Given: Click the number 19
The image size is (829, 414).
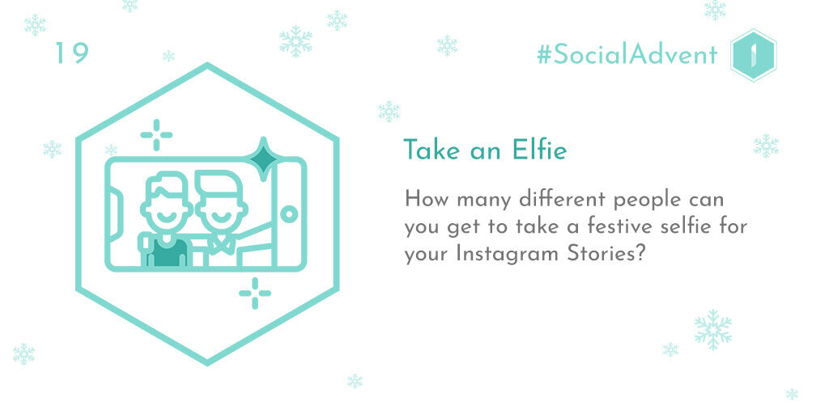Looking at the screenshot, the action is point(72,53).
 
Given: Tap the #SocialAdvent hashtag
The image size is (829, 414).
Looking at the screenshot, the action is point(627,55).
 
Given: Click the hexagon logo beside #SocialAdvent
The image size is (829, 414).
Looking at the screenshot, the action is point(754,56).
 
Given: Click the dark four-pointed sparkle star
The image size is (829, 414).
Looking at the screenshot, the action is point(265,157).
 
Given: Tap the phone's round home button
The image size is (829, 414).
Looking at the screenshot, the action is point(289,214).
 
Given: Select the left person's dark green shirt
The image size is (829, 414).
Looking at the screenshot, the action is point(167,252).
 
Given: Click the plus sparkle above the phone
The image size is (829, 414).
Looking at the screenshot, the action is point(156,135).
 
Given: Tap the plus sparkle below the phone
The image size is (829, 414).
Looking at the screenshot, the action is point(255,293).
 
